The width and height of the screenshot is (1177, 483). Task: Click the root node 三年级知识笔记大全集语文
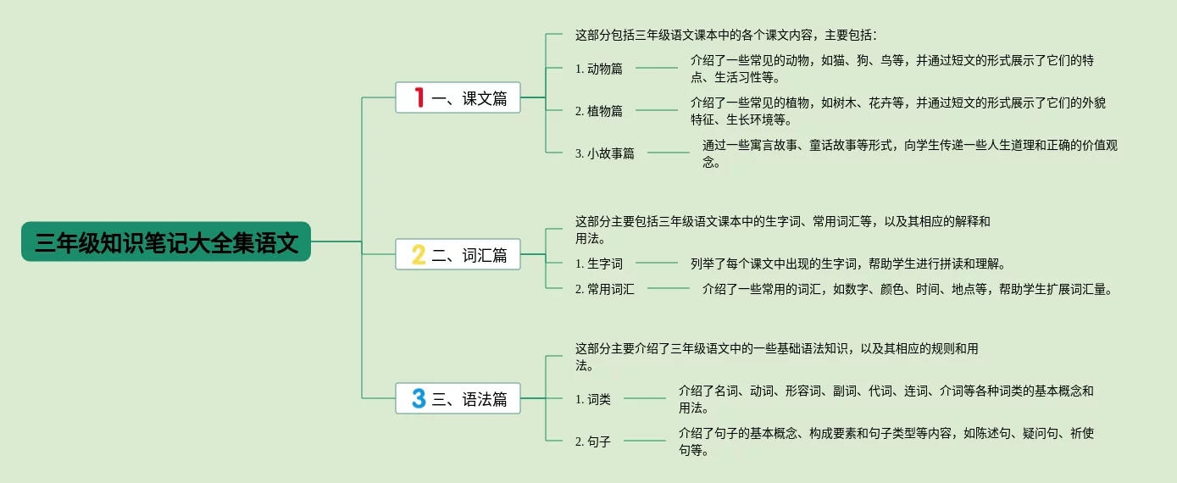166,242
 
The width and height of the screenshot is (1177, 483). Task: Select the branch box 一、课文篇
458,97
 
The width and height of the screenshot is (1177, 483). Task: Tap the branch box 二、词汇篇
458,254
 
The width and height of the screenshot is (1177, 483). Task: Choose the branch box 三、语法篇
458,398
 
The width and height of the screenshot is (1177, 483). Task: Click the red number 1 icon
418,97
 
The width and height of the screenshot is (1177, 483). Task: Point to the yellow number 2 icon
418,254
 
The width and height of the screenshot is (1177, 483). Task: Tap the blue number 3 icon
418,398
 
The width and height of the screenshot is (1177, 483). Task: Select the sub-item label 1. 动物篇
598,69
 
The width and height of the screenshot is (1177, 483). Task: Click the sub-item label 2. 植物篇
598,111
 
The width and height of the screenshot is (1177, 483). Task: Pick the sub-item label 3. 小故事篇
604,153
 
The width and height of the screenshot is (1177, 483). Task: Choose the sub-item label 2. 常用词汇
604,289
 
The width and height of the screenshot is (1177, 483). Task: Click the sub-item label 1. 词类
592,399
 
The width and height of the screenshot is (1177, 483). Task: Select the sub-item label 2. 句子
592,441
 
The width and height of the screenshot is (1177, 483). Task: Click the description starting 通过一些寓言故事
909,153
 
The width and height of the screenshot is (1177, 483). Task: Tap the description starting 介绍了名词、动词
886,399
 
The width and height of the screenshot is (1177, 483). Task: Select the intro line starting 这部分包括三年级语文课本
726,36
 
